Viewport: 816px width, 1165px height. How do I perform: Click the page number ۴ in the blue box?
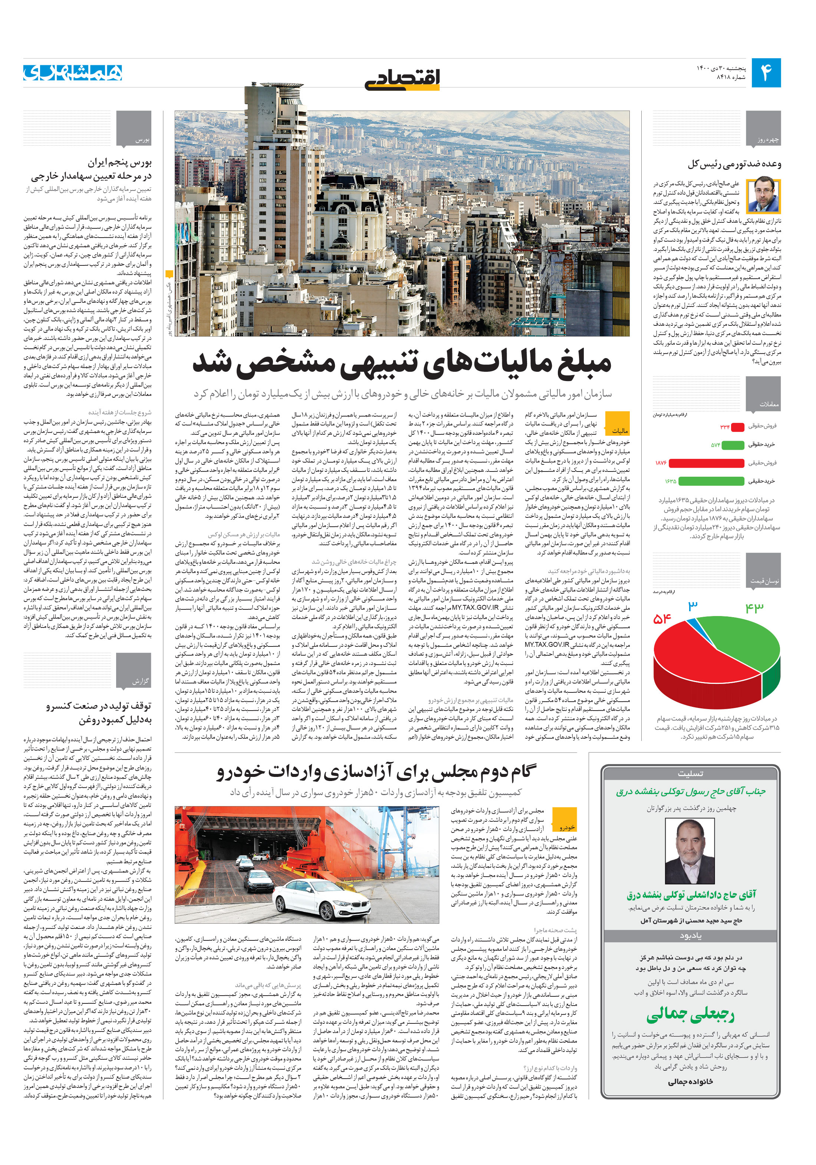coord(766,73)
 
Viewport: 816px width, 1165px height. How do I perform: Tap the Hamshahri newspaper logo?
coord(73,73)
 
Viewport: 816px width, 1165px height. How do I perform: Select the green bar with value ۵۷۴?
coord(733,444)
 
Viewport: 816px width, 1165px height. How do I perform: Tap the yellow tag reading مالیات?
coord(618,423)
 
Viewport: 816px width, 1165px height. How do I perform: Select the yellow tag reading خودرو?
coord(565,821)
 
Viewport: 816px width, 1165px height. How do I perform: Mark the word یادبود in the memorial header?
coord(690,936)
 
